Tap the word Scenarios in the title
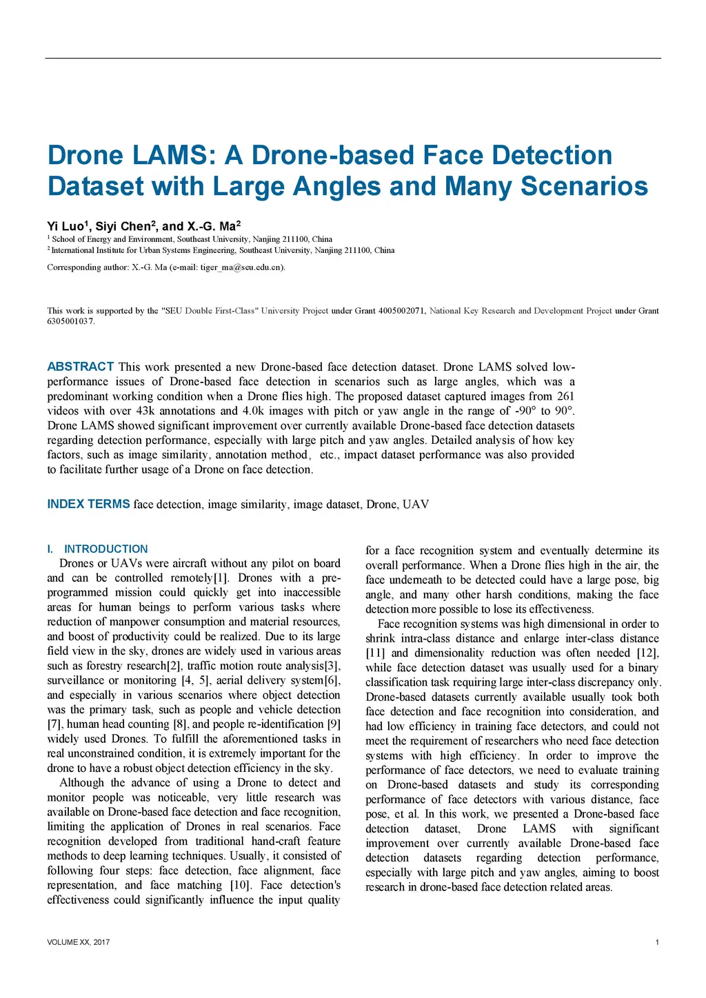coord(584,186)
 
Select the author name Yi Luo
coord(65,226)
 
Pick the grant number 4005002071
coord(401,311)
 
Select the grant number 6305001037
coord(70,321)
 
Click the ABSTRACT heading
coord(80,367)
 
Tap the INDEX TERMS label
coord(88,504)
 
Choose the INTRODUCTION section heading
coord(105,549)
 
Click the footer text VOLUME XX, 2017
coord(78,942)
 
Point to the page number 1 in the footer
coord(657,942)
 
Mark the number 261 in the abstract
coord(565,396)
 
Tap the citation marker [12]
coord(647,653)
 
